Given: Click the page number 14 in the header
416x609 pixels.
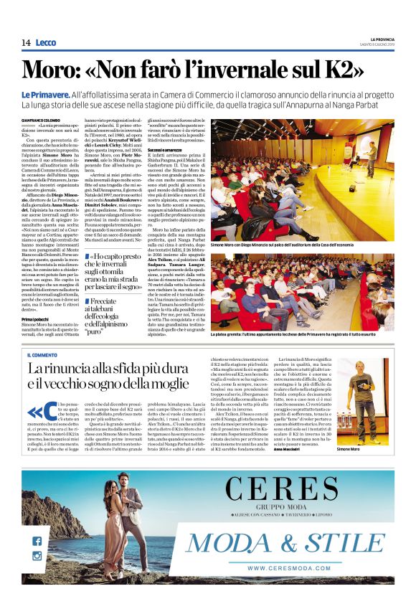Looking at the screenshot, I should click(26, 43).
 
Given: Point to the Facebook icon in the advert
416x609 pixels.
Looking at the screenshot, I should click(37, 541).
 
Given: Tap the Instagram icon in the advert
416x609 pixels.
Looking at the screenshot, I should click(37, 556).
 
